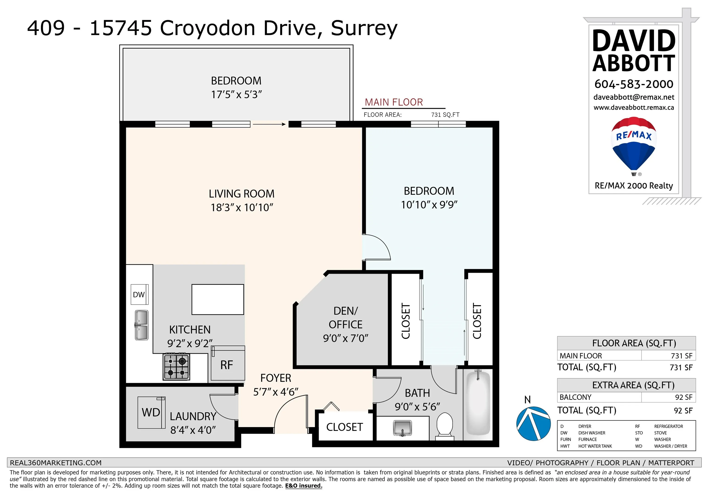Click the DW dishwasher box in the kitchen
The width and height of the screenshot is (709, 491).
tap(140, 294)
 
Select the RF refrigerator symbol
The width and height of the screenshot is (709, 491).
tap(228, 363)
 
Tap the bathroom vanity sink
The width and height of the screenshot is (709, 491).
tap(402, 428)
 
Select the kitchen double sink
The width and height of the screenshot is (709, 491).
tap(141, 325)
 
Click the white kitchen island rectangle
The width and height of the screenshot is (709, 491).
tap(218, 299)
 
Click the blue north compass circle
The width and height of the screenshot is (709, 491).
tap(533, 424)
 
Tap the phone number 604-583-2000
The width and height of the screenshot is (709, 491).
tap(634, 84)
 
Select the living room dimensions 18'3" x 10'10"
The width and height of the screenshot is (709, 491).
tap(242, 207)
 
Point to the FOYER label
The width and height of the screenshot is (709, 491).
tap(276, 378)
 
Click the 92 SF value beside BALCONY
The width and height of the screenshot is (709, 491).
tap(683, 397)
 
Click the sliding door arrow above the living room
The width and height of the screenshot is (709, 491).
tap(269, 124)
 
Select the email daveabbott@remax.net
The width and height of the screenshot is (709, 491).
tap(634, 97)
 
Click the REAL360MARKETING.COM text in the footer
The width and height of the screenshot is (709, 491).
tap(56, 463)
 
